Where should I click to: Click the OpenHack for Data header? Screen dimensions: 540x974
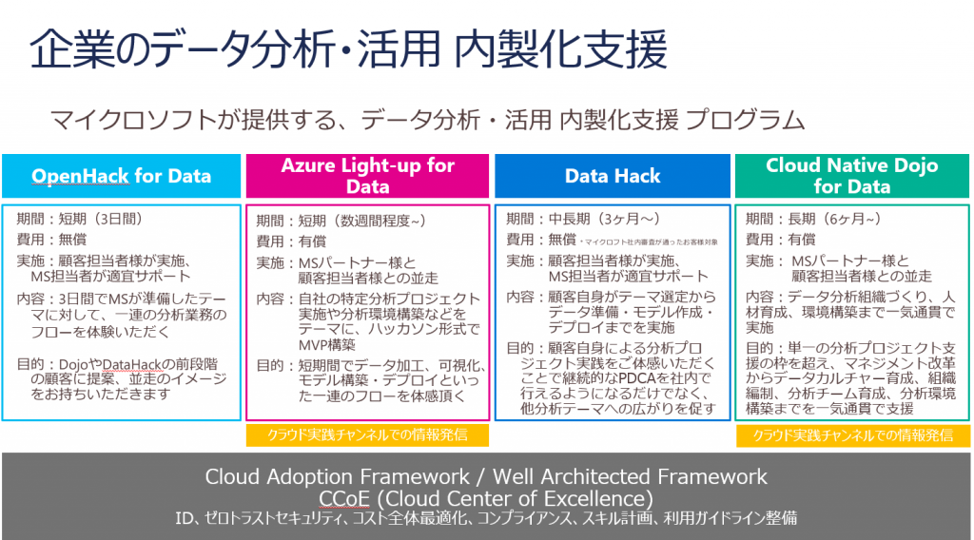pos(122,176)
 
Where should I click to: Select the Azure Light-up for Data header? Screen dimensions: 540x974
pos(367,176)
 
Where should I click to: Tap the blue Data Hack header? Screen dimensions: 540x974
pos(613,176)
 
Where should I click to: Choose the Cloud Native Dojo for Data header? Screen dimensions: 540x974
pos(851,176)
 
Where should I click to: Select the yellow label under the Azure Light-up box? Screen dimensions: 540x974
pos(367,435)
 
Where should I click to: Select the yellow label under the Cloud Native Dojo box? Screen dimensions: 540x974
pos(852,435)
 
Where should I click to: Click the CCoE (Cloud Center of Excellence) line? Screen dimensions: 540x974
pos(486,498)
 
